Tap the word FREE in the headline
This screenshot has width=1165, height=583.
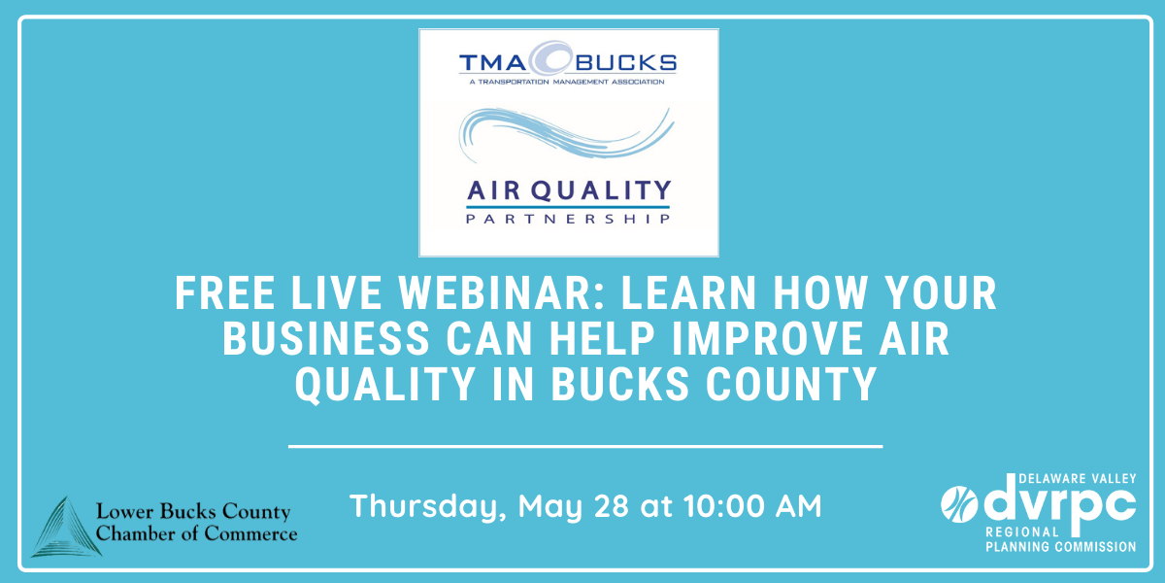(224, 293)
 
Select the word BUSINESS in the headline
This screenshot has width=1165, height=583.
(326, 339)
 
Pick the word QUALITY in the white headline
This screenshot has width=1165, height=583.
(384, 385)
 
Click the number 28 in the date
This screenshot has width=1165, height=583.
(611, 505)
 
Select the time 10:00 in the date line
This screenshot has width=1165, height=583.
(723, 505)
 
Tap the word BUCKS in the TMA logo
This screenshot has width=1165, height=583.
(625, 63)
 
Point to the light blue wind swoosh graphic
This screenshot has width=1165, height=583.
(566, 133)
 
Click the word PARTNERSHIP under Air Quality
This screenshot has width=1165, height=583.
(567, 219)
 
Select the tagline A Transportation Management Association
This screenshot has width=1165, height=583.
(567, 82)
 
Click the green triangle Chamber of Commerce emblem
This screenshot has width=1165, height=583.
(66, 528)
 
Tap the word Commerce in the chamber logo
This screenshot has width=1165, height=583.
(250, 534)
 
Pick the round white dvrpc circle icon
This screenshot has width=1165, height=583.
(959, 503)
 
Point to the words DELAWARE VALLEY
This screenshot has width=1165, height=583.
(1077, 479)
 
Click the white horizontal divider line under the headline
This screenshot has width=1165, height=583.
(585, 446)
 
